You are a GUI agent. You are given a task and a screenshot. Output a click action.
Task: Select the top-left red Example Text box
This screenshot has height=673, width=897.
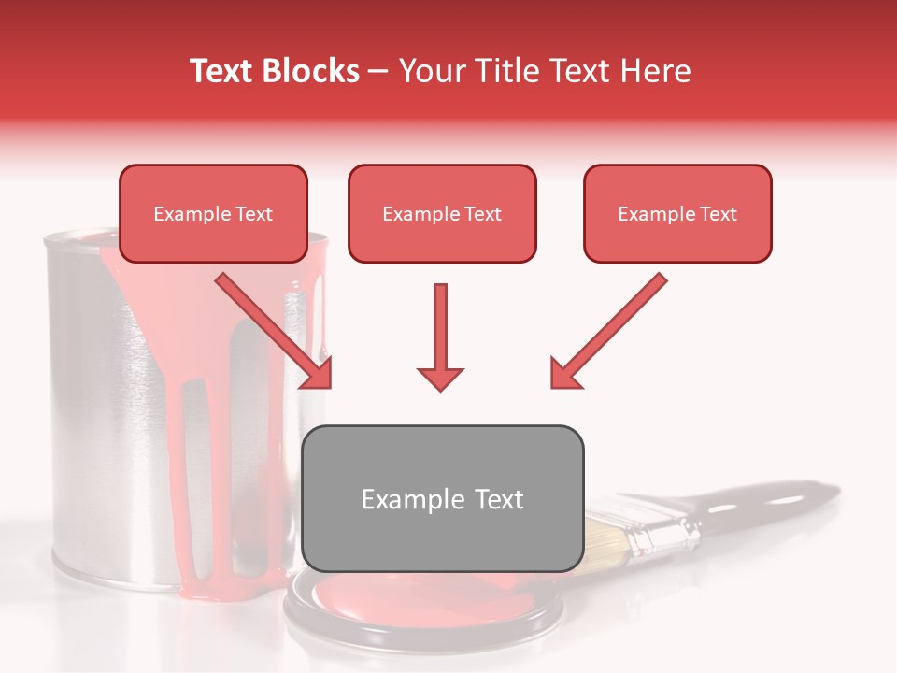point(213,213)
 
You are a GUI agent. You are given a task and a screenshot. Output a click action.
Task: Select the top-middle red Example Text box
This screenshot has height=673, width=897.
point(442,213)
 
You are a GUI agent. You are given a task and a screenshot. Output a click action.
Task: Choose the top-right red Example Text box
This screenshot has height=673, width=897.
point(677,213)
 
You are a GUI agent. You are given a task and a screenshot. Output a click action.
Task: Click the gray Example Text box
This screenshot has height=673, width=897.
point(442,498)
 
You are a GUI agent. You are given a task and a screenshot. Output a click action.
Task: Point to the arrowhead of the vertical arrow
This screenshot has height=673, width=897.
point(440,378)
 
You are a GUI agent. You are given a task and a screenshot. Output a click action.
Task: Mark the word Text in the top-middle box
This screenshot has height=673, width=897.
point(483,214)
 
